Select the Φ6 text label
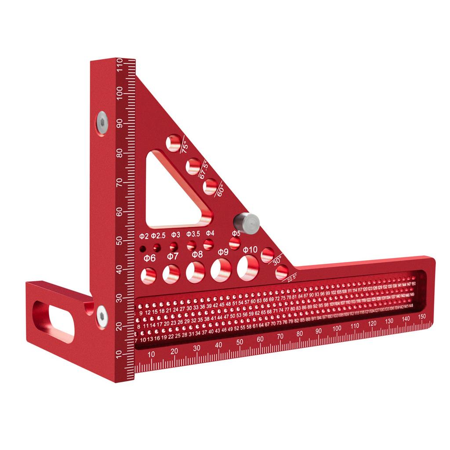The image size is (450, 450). pos(149,258)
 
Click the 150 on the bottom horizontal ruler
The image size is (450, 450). pos(422,316)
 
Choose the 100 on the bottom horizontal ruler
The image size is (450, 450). pos(337,329)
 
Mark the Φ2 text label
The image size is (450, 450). pos(144,236)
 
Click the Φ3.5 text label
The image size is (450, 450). pos(193,234)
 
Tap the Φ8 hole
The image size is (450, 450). pos(195,272)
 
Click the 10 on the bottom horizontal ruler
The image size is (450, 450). pos(152,354)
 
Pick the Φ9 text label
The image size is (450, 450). pos(223,252)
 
